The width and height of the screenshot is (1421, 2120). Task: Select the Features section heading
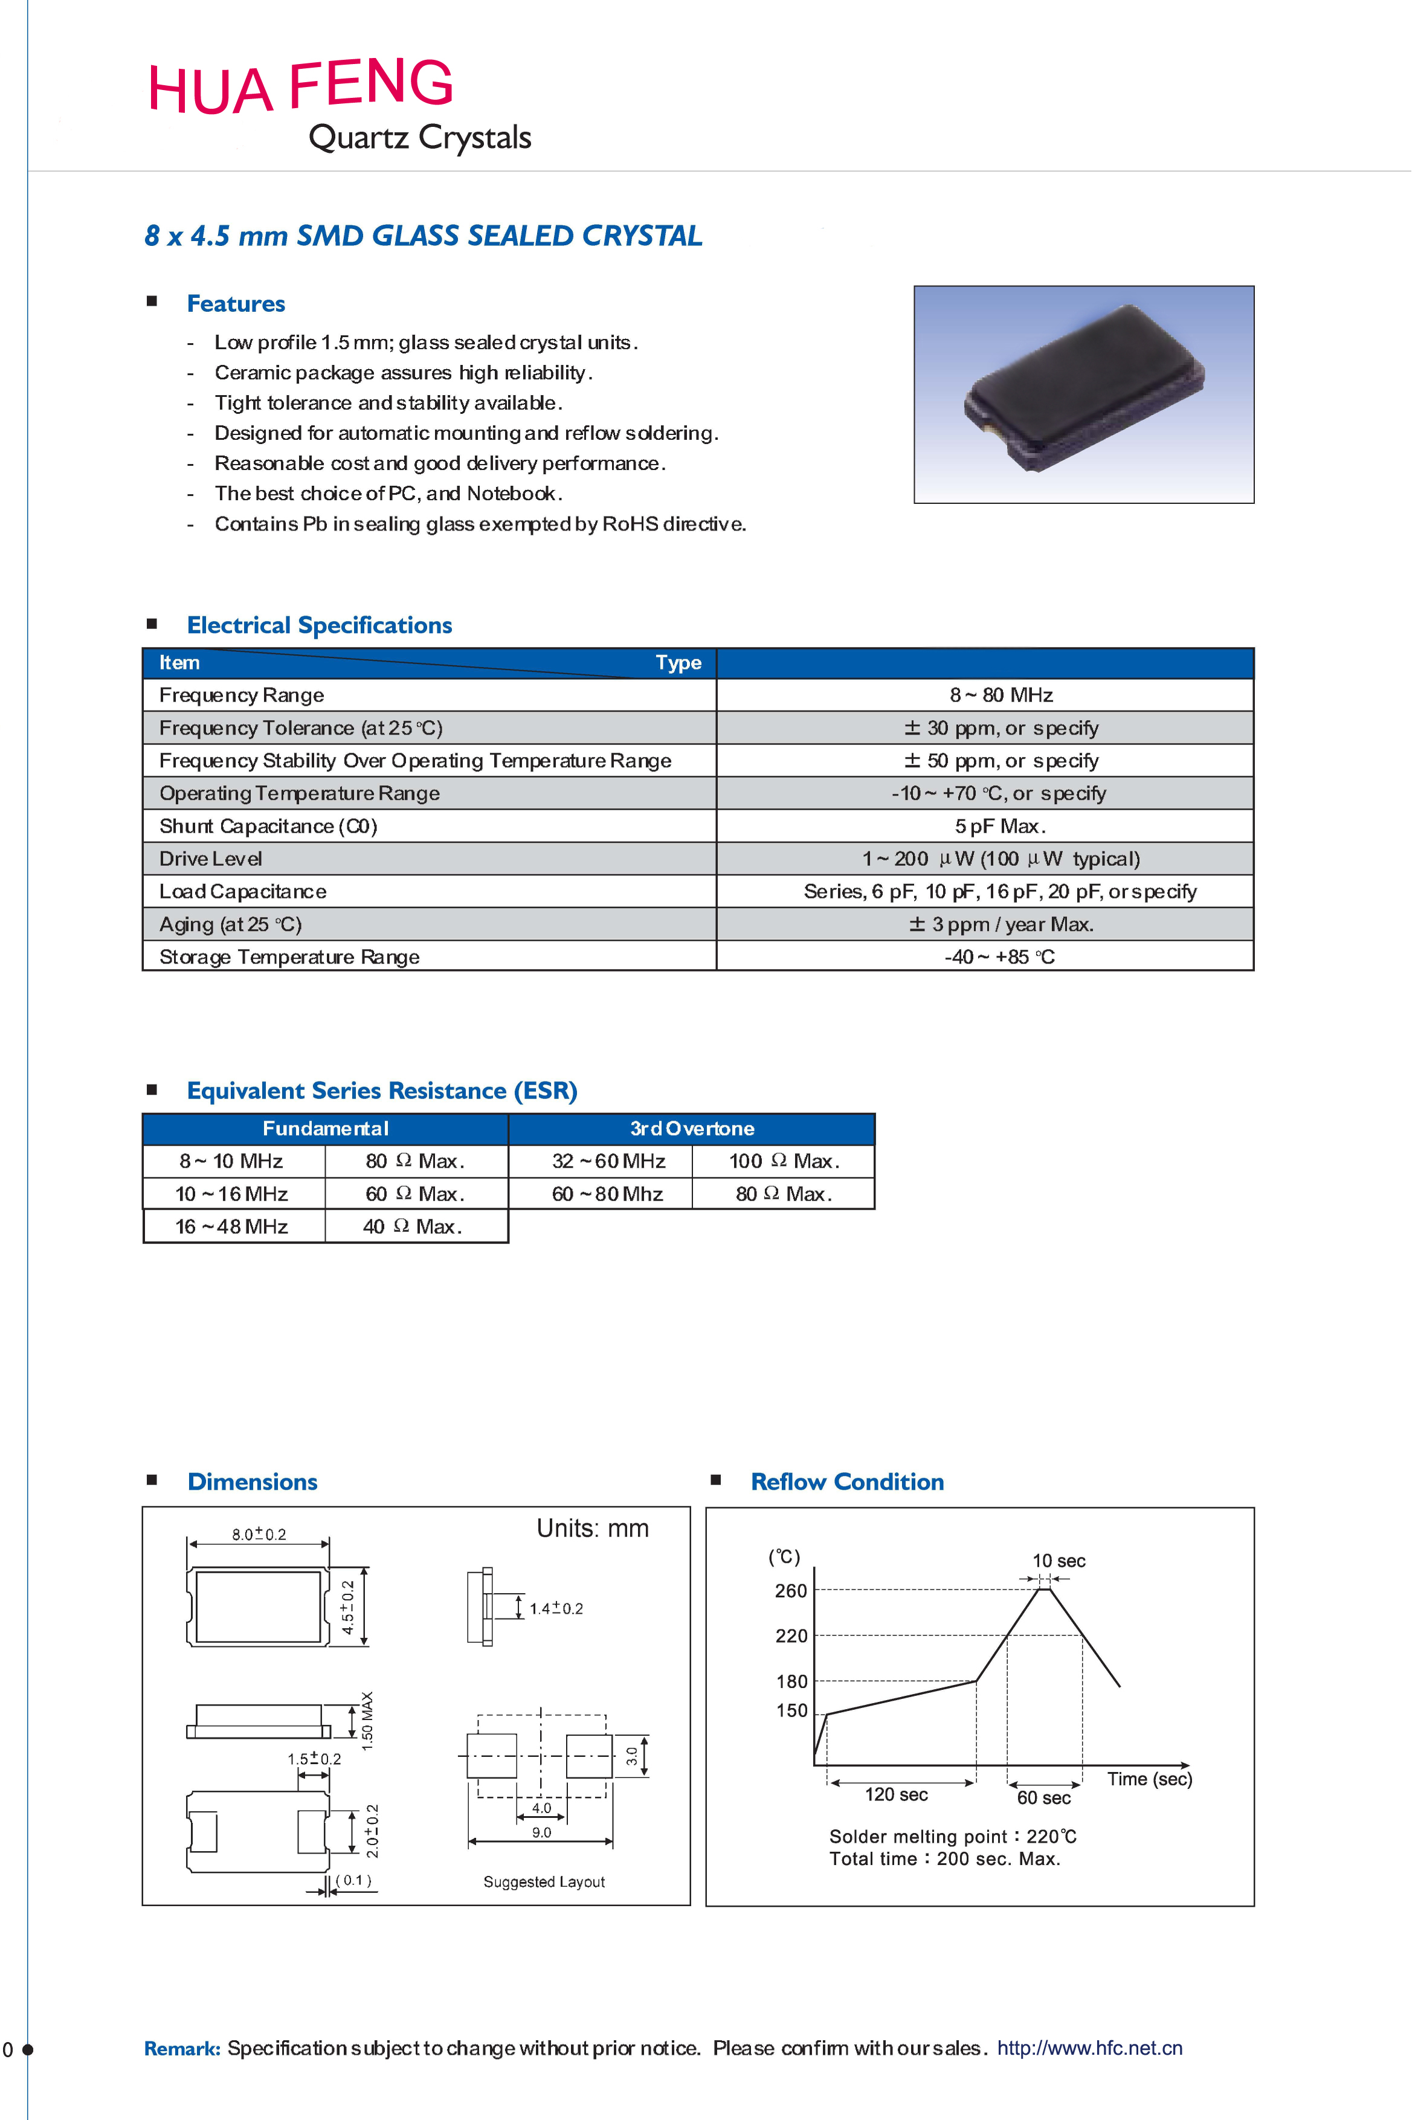236,303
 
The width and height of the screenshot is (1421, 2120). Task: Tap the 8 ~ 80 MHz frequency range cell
1000,695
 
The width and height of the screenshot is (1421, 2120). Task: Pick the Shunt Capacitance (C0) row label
268,826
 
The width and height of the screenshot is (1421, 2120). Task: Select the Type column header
678,662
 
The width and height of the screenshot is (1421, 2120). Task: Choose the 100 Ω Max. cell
784,1161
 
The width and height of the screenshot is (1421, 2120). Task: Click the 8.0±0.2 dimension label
259,1534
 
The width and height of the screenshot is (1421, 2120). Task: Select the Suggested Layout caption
544,1882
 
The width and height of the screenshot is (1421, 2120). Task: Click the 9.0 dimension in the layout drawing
541,1832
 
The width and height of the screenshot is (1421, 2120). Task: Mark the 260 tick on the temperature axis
790,1591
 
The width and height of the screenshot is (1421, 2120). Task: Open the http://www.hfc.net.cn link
1089,2049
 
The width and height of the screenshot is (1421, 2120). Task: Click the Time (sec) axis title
1149,1779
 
